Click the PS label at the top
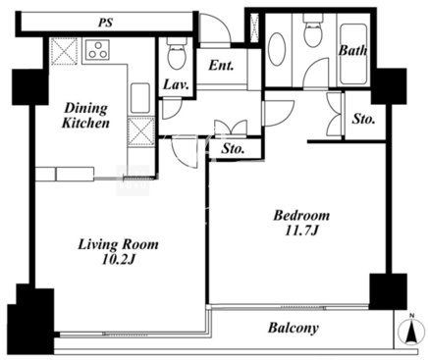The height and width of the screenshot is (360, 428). click(106, 23)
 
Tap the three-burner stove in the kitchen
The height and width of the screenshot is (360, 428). click(97, 50)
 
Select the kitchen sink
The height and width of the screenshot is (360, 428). click(140, 98)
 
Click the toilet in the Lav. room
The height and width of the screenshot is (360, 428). click(177, 53)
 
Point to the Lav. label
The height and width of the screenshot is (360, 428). click(176, 85)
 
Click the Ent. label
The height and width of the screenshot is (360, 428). click(221, 66)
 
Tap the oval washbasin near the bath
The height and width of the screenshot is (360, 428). click(277, 49)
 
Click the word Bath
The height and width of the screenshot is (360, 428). click(352, 50)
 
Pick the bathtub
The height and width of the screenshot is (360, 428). click(353, 54)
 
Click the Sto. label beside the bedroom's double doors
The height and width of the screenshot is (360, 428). click(363, 119)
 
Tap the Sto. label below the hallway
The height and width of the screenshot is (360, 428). click(233, 149)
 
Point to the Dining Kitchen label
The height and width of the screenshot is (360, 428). click(85, 116)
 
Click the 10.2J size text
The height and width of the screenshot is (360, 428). click(119, 259)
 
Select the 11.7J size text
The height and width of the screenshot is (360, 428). click(301, 231)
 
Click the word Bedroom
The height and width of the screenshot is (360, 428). click(301, 216)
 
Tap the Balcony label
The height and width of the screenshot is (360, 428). click(294, 328)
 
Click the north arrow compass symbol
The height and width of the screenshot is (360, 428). click(411, 332)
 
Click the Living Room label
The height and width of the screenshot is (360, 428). click(118, 244)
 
